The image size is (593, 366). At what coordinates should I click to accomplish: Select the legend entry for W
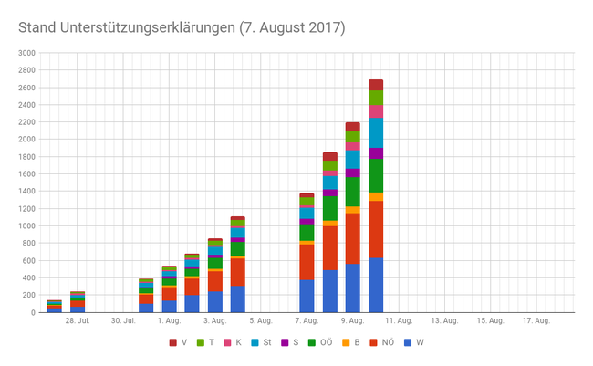tap(415, 342)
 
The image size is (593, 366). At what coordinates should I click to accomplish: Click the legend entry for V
tap(180, 342)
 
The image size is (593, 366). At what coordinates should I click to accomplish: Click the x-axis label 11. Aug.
tap(399, 321)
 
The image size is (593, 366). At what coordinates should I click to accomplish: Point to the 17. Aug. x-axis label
tap(536, 321)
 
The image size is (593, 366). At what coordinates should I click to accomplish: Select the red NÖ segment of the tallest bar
tap(376, 229)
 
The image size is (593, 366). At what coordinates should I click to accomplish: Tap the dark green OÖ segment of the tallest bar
tap(376, 175)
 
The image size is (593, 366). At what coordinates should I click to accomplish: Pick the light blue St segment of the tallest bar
tap(376, 132)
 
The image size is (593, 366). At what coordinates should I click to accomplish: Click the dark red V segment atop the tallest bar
tap(376, 85)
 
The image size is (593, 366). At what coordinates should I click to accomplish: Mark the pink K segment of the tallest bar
tap(376, 111)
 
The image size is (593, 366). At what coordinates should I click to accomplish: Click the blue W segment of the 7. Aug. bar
tap(307, 296)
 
